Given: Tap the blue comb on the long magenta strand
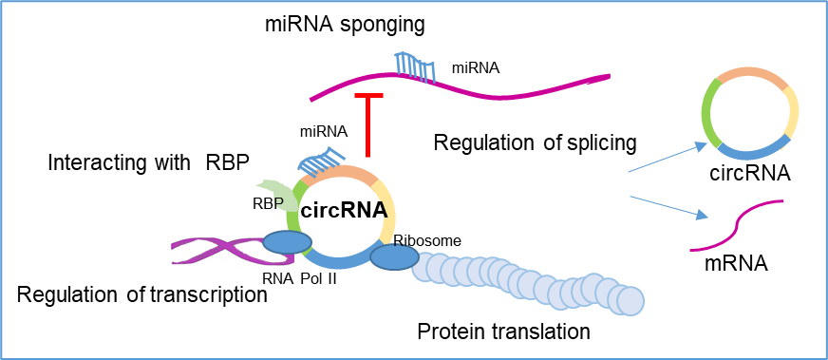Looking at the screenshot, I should coord(415,67).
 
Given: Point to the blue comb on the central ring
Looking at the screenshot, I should coord(320,161).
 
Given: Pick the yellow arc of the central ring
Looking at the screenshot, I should coord(387,209).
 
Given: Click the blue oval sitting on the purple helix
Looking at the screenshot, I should coord(287,242).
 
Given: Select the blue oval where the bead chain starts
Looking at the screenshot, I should coord(394,257).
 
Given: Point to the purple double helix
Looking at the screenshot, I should coord(218,252).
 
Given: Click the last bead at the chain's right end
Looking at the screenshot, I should coord(630,301).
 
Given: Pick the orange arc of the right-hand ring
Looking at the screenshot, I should coord(750,72).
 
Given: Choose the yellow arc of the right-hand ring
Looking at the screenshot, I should coord(792,114).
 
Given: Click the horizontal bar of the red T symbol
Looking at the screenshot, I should coord(368,95).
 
